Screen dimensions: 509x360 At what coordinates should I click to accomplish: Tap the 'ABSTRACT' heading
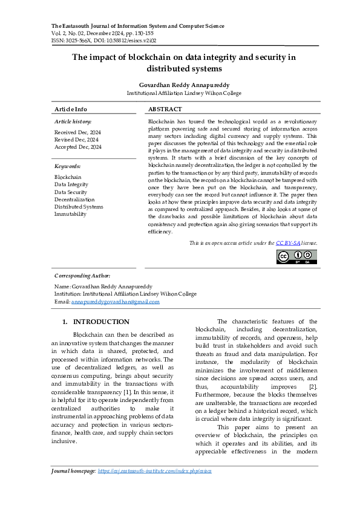(x=165, y=109)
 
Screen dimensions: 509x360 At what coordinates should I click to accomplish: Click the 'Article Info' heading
(x=71, y=109)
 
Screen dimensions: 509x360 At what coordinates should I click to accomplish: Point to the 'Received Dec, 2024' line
(x=78, y=132)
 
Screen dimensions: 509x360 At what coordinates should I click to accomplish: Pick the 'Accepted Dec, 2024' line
(x=78, y=147)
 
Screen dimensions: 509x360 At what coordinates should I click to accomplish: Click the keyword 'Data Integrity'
(x=71, y=184)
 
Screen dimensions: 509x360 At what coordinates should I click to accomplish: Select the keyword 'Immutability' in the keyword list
(x=70, y=214)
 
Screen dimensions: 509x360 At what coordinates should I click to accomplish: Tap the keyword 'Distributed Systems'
(x=79, y=207)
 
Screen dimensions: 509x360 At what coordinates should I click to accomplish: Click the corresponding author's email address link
(x=116, y=302)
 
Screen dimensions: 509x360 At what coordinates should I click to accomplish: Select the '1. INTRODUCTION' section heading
(x=96, y=322)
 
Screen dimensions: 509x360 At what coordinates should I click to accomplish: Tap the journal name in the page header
(x=138, y=27)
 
